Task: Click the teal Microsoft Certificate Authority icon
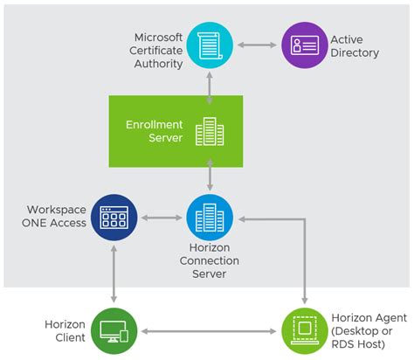(x=210, y=45)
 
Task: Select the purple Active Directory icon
(x=303, y=45)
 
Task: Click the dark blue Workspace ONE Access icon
(x=114, y=217)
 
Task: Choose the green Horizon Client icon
(x=114, y=331)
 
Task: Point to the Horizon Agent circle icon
(x=303, y=331)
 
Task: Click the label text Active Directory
(x=355, y=46)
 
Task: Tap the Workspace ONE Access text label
(x=56, y=217)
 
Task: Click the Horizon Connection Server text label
(x=210, y=260)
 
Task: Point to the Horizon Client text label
(x=65, y=331)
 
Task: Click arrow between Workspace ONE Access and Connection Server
(x=162, y=217)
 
